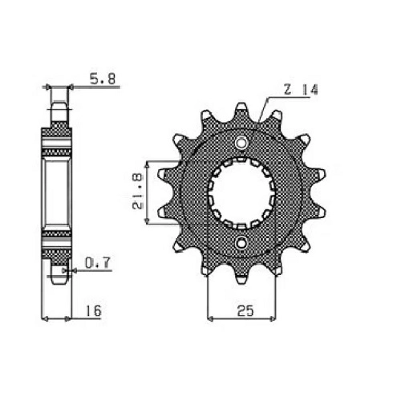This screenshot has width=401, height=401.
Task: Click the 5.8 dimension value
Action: [103, 79]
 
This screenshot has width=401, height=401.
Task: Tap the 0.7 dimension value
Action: [98, 263]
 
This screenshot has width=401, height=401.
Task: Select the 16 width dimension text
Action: [94, 311]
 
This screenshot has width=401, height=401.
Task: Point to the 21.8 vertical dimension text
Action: [138, 192]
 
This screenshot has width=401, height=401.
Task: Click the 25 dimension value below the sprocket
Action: [245, 310]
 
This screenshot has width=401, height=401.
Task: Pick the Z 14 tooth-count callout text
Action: [301, 90]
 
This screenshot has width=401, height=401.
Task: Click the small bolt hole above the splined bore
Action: [241, 143]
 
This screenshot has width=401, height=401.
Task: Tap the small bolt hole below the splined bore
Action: [241, 243]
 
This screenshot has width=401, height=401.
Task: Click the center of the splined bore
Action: [241, 192]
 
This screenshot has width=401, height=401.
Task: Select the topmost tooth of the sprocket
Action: [241, 111]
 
